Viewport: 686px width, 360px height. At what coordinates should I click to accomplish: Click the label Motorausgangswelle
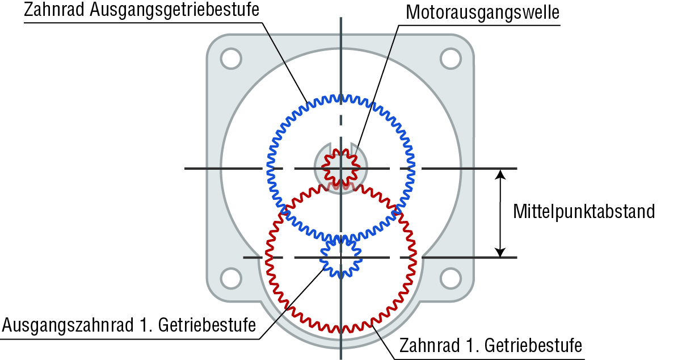(483, 13)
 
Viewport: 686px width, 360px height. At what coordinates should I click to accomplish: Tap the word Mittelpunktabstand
(584, 211)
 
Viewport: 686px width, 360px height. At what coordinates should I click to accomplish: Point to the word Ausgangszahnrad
(68, 325)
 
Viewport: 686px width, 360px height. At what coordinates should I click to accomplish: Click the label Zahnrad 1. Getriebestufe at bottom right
(491, 345)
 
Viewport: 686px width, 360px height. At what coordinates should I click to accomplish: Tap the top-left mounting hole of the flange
(231, 58)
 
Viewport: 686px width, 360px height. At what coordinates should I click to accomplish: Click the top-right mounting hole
(451, 58)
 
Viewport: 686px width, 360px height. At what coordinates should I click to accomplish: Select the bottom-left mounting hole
(231, 278)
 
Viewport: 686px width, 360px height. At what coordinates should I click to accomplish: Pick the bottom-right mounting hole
(451, 278)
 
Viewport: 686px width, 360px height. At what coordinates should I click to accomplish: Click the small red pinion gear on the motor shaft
(340, 168)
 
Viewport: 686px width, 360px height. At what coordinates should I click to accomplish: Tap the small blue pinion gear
(340, 257)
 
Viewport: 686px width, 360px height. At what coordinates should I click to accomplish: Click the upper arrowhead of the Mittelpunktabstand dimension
(500, 174)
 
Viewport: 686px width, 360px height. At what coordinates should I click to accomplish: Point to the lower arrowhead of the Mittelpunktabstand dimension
(500, 252)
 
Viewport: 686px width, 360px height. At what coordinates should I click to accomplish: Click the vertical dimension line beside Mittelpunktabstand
(500, 214)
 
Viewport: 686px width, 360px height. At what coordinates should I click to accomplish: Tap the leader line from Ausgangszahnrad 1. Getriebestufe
(292, 303)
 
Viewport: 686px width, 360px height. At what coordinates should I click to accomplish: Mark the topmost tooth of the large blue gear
(340, 98)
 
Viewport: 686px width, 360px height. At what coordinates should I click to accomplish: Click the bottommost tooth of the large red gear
(340, 329)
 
